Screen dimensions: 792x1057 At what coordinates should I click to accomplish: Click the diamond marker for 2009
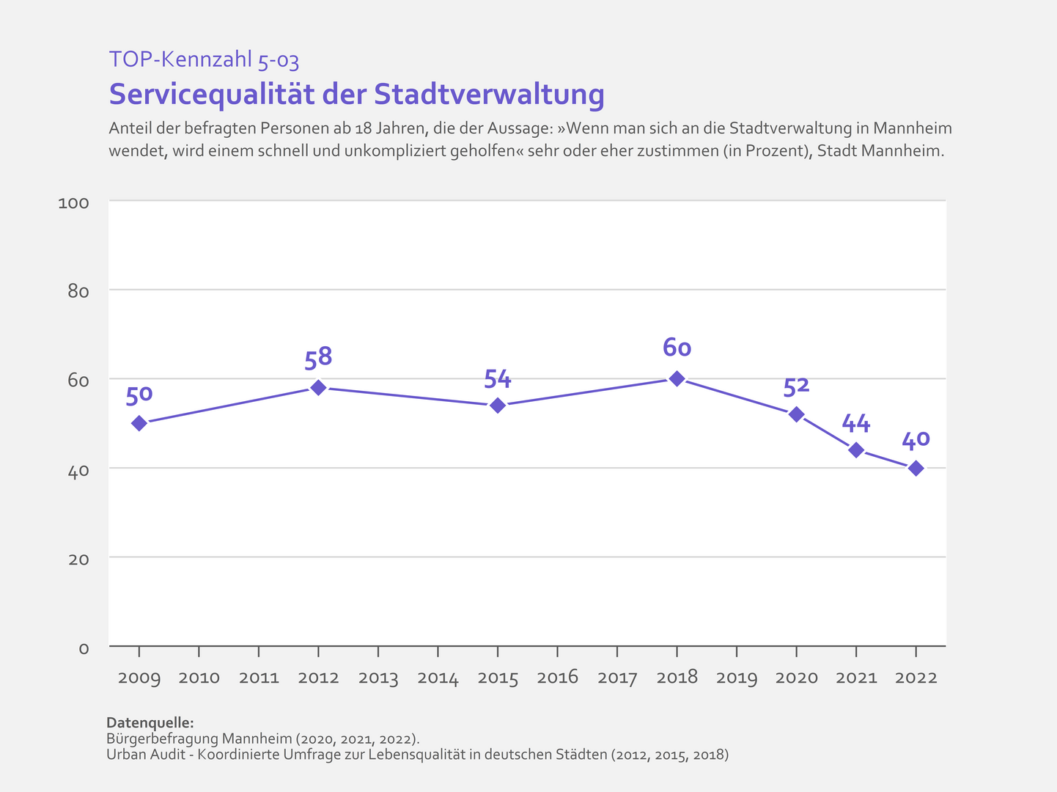click(139, 423)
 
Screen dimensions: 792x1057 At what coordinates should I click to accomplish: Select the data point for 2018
click(677, 378)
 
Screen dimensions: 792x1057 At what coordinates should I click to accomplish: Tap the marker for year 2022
click(916, 468)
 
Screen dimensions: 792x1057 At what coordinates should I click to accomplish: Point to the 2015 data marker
click(498, 406)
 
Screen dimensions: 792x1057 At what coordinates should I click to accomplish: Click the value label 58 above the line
click(318, 358)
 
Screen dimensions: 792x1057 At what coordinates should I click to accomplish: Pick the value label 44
click(855, 423)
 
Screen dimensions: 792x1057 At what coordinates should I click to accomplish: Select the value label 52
click(796, 386)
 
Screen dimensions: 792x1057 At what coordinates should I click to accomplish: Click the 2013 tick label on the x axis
click(378, 678)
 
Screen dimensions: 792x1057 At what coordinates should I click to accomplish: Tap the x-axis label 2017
click(617, 678)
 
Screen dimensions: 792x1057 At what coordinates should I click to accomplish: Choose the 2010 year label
click(199, 678)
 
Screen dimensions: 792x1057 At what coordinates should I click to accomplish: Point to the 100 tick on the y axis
click(73, 202)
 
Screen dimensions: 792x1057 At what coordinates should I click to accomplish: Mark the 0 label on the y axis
click(84, 649)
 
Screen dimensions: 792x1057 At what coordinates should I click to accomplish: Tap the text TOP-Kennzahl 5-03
click(204, 59)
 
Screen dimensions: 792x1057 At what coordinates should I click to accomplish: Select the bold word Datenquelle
click(150, 722)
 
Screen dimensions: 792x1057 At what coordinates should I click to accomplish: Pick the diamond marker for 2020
click(796, 414)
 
